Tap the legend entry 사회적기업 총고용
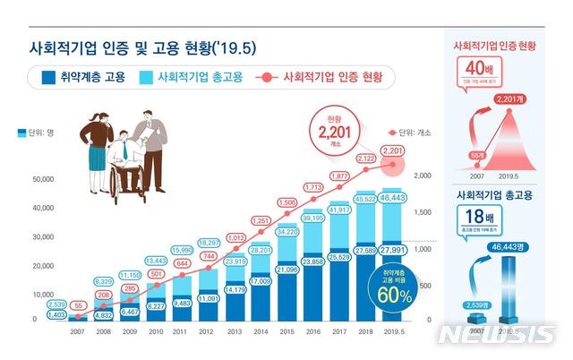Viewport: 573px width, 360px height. pos(187,78)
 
